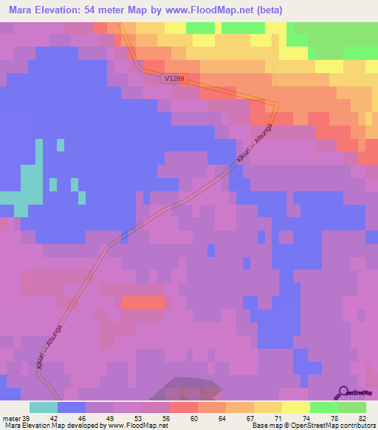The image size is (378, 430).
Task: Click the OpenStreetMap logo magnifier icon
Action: point(343,392)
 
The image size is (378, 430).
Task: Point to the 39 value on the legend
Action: point(26,417)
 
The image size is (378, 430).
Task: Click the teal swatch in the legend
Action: point(44,407)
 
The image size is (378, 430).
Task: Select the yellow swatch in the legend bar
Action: point(295,407)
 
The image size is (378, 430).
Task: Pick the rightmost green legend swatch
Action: point(351,407)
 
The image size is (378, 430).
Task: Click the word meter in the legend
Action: point(11,417)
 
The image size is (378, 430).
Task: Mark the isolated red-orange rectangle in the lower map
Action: point(142,303)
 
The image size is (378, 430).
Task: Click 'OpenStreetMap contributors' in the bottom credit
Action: point(332,426)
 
